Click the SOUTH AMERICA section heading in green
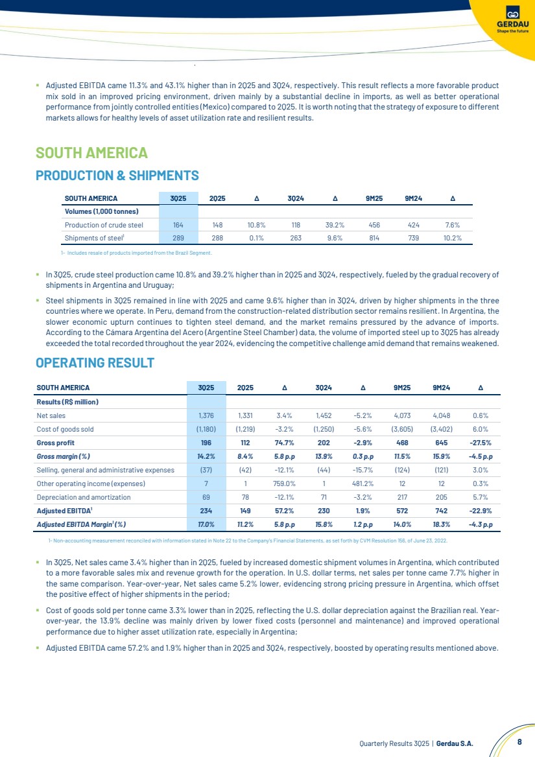91,153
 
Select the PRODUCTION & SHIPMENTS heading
117,176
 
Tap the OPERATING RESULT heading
95,362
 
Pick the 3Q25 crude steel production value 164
178,225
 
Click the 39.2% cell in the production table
335,225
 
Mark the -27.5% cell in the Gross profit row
480,443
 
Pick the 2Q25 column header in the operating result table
245,388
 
